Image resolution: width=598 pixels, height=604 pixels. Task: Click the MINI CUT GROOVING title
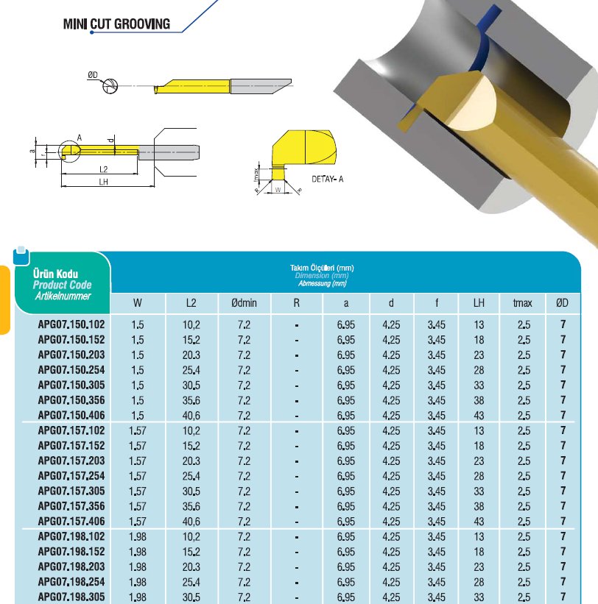117,24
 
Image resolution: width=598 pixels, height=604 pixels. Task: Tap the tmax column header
524,303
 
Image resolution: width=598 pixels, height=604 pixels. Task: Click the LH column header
479,303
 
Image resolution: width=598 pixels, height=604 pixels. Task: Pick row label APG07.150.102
71,323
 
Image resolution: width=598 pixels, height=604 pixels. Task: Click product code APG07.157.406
71,522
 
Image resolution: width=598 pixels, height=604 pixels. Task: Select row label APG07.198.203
71,566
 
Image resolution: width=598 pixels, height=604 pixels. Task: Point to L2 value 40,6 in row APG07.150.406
191,415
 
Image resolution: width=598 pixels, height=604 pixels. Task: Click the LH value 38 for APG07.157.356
479,506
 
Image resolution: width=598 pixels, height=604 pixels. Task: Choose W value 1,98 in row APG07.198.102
138,537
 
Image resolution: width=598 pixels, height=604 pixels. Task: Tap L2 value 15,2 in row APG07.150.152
191,338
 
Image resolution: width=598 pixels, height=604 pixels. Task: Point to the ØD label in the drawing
93,74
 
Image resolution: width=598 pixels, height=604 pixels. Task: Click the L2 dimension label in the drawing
104,169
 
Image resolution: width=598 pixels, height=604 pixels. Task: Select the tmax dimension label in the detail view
256,175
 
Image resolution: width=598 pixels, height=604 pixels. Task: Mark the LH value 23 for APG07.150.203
479,354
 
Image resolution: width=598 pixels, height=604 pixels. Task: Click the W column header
138,303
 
